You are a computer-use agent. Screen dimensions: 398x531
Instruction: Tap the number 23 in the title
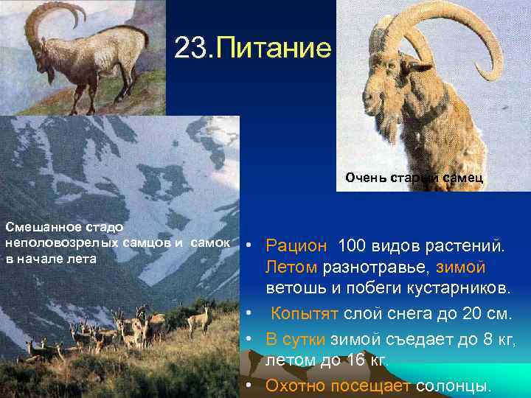coord(192,49)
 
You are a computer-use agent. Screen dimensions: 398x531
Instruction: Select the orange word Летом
coord(291,265)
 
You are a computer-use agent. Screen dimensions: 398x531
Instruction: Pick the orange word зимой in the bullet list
coord(460,265)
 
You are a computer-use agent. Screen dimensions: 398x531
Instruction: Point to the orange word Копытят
coord(305,314)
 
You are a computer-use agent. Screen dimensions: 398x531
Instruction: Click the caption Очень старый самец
coord(414,178)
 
